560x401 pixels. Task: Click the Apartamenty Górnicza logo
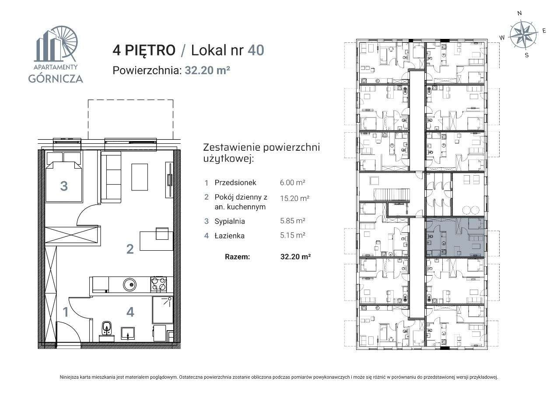[56, 55]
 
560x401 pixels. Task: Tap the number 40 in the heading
[256, 50]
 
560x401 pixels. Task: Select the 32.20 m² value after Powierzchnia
[207, 70]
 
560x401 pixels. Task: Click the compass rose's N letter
[519, 14]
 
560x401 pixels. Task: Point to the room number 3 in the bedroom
[64, 186]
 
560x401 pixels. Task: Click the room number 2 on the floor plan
[130, 249]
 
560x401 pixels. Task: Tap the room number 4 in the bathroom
[130, 312]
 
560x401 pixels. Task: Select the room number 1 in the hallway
[65, 312]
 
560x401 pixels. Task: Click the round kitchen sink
[129, 285]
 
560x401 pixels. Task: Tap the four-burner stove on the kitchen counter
[158, 284]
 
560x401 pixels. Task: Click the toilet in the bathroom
[106, 328]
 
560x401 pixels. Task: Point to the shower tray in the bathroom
[162, 310]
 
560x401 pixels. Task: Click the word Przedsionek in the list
[235, 183]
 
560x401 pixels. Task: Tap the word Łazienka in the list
[229, 236]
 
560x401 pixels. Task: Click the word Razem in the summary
[238, 257]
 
